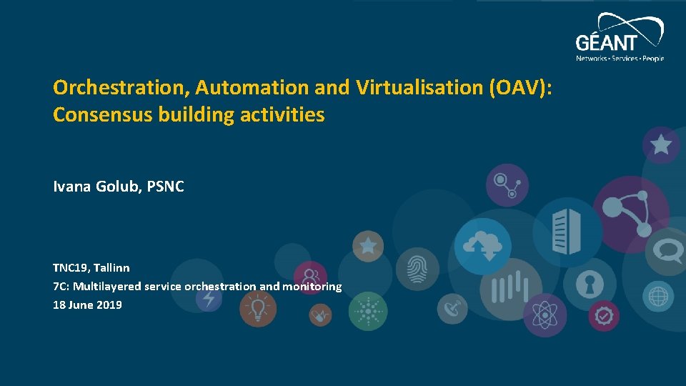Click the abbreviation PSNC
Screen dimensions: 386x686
point(165,187)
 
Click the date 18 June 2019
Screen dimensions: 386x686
point(87,305)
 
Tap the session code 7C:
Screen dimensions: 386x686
point(61,286)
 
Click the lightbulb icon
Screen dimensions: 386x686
point(257,309)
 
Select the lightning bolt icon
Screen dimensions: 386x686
point(208,299)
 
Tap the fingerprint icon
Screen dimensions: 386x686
point(417,268)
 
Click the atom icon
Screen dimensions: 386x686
point(545,315)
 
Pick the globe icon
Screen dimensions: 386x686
point(657,295)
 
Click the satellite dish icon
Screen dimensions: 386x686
point(452,309)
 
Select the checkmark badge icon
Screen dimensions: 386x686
point(605,314)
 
